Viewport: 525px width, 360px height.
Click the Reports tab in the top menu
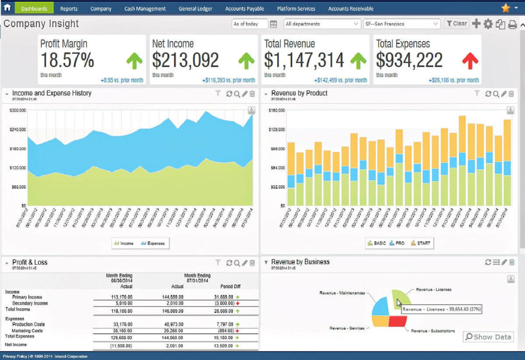coord(69,9)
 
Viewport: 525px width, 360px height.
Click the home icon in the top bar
coord(7,8)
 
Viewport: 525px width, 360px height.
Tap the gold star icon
coord(506,8)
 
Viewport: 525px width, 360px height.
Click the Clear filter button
coord(456,24)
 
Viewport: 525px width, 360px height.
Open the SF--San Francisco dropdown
coord(401,24)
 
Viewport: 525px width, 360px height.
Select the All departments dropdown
coord(322,24)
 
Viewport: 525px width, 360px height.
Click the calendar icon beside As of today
coord(273,24)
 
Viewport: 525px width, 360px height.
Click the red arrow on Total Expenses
coord(470,61)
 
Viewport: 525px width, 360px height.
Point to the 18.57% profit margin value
coord(67,61)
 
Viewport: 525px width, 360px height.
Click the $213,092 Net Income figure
coord(186,61)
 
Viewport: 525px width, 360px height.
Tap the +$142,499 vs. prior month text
coord(341,81)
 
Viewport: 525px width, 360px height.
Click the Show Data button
coord(488,337)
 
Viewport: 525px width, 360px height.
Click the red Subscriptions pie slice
coord(397,321)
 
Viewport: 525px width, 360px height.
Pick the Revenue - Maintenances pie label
coord(342,293)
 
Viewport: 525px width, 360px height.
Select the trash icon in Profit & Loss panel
coord(252,263)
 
